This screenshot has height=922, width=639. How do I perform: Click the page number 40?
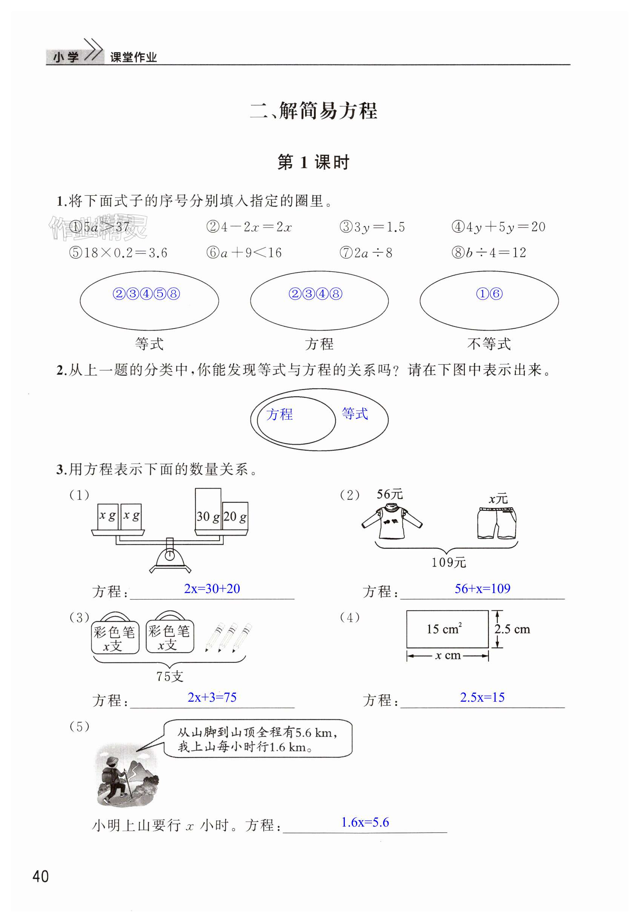click(40, 876)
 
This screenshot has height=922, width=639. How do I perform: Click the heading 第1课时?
click(313, 162)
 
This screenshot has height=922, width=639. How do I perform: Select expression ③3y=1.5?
click(372, 227)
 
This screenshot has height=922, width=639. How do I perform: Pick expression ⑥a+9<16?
click(244, 253)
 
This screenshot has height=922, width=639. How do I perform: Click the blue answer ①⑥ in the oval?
click(489, 294)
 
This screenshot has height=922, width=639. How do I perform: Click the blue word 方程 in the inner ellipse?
click(280, 414)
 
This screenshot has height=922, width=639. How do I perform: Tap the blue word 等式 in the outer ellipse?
click(355, 413)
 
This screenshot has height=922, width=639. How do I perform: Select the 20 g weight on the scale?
click(235, 516)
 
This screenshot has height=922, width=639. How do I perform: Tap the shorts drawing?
click(496, 523)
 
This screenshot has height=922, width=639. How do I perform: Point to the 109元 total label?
click(449, 562)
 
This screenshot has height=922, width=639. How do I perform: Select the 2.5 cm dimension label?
click(512, 629)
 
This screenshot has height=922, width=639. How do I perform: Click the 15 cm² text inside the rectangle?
click(444, 628)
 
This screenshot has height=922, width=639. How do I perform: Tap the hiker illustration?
click(126, 774)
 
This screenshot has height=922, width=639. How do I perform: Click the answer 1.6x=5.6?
click(365, 822)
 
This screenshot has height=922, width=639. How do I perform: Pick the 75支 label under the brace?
click(170, 676)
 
